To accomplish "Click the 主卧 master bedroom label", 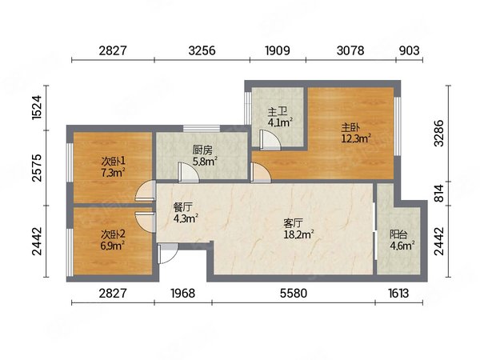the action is coord(350,127).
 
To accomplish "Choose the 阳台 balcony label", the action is coord(398,234).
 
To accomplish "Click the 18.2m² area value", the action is coord(298,234).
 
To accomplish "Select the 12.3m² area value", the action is coord(356,138).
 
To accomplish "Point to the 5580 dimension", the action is coord(294,294).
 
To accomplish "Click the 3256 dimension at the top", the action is coord(202,50).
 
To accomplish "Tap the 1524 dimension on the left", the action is coord(37,107).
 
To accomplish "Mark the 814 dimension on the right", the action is coord(439,193).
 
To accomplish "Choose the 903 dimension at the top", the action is coord(409,50).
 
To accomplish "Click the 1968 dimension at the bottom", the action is coord(182,294).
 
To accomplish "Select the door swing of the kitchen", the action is coord(189,172).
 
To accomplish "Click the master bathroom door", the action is coord(270,139).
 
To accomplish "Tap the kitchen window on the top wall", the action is coord(202,129).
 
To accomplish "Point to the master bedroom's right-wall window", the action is coord(397,126).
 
